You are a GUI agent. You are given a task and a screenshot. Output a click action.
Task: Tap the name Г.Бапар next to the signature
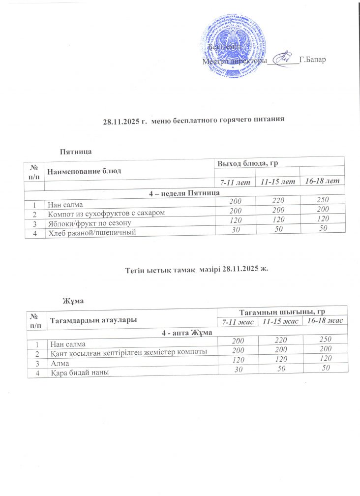(x=313, y=60)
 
